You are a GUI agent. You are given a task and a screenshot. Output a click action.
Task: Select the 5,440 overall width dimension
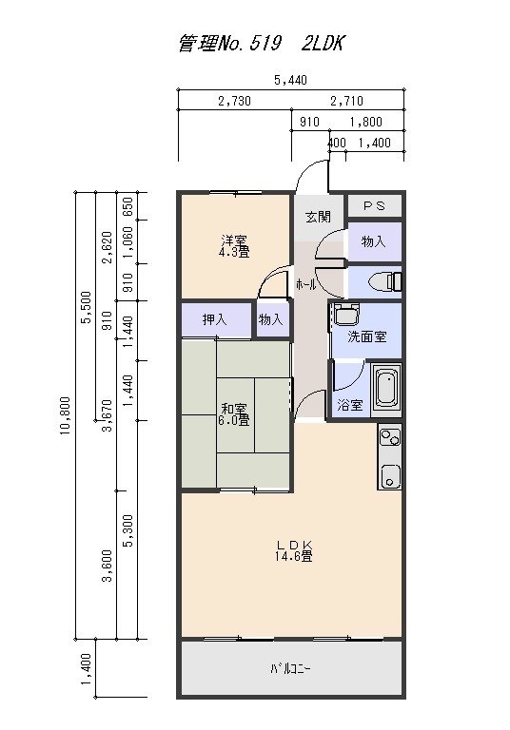point(289,81)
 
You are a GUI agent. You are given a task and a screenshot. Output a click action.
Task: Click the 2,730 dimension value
point(233,101)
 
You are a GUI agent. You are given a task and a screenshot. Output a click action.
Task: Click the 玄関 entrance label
point(318,217)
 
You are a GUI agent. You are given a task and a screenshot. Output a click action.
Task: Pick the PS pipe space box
point(374,205)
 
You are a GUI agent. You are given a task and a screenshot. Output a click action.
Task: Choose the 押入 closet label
point(215,320)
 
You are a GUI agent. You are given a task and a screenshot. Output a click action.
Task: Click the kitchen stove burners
point(390,438)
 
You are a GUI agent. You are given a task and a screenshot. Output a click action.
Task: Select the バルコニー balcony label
point(289,669)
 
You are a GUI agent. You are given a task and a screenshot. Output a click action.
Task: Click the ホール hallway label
point(306,284)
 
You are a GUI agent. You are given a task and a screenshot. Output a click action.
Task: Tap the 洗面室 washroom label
point(365,336)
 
